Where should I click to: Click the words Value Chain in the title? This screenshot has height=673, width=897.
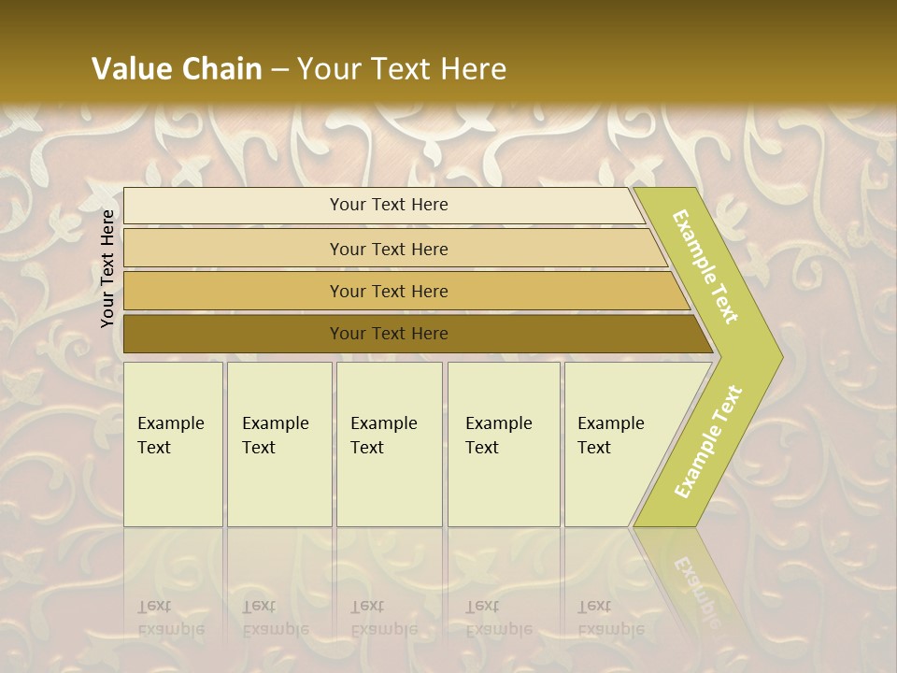tap(177, 68)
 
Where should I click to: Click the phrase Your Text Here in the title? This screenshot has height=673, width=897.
tap(402, 68)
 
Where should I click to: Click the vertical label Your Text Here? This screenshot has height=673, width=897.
tap(107, 268)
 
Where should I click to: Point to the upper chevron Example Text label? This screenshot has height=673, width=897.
tap(705, 266)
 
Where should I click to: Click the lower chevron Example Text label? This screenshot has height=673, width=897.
tap(708, 441)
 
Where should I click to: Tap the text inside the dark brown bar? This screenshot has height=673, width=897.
tap(389, 334)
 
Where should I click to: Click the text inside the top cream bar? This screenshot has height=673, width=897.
tap(389, 205)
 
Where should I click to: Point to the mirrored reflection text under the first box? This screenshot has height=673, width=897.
tap(170, 618)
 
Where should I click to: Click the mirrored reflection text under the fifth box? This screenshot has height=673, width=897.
tap(610, 618)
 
